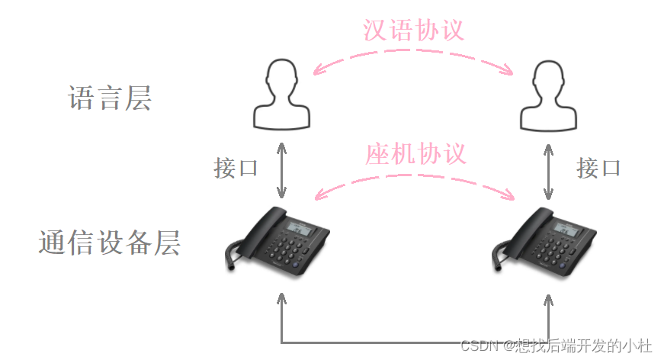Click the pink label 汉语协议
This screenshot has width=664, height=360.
point(413,30)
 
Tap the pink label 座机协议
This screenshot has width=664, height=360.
point(415,153)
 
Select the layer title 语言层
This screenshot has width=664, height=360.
point(110,98)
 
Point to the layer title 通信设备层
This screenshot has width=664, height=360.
point(110,243)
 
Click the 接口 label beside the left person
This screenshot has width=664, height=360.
point(236,168)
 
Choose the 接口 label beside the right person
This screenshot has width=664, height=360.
point(598,168)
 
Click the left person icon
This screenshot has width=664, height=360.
point(281,95)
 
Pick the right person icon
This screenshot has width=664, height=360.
point(548,95)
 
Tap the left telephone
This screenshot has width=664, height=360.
point(277,242)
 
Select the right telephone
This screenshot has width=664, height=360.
point(544,243)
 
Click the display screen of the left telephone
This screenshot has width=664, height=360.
point(300,229)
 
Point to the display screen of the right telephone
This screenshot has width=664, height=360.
point(567,230)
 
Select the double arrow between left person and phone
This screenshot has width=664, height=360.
point(281,170)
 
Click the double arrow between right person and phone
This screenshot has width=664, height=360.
point(548,172)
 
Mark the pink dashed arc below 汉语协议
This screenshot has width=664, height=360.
point(413,50)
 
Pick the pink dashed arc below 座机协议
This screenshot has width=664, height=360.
point(415,175)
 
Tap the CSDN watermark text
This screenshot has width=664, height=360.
point(556,346)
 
